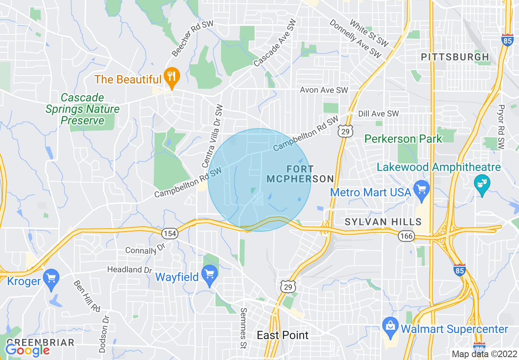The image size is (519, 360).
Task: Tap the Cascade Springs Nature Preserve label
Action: (x=82, y=109)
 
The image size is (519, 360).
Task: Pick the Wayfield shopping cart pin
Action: (x=210, y=275)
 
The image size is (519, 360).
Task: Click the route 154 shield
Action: (x=169, y=234)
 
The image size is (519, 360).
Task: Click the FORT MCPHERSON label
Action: (x=300, y=174)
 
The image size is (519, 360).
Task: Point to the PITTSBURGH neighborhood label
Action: (x=455, y=57)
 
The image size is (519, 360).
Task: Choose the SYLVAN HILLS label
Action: (x=383, y=222)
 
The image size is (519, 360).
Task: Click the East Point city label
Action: (x=283, y=335)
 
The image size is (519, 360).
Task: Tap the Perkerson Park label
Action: (x=403, y=139)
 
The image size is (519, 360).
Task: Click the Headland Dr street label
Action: (x=129, y=270)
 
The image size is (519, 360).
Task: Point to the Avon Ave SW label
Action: (x=324, y=90)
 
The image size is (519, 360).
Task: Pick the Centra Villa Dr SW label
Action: (x=213, y=136)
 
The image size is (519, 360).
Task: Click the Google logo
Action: (x=27, y=350)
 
